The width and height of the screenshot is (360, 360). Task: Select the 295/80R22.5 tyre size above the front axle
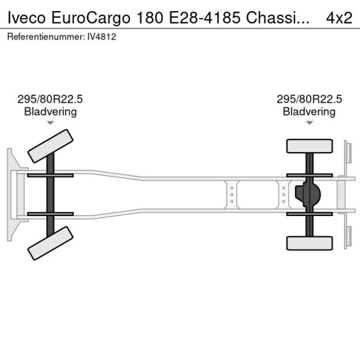(50, 99)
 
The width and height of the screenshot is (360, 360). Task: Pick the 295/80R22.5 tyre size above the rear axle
(309, 99)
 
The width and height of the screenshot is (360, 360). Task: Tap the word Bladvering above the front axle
(50, 111)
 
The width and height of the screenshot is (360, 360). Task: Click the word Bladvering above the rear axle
(309, 111)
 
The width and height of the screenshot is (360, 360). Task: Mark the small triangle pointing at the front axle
(51, 123)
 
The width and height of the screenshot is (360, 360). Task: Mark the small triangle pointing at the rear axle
(309, 123)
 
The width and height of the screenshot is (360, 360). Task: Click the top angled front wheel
(51, 146)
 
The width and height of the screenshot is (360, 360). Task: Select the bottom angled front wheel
(51, 243)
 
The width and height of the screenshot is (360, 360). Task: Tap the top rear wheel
(309, 145)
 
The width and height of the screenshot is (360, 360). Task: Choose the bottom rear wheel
(309, 243)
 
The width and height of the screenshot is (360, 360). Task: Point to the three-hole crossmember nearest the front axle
(232, 194)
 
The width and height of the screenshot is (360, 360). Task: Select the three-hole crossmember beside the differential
(283, 194)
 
